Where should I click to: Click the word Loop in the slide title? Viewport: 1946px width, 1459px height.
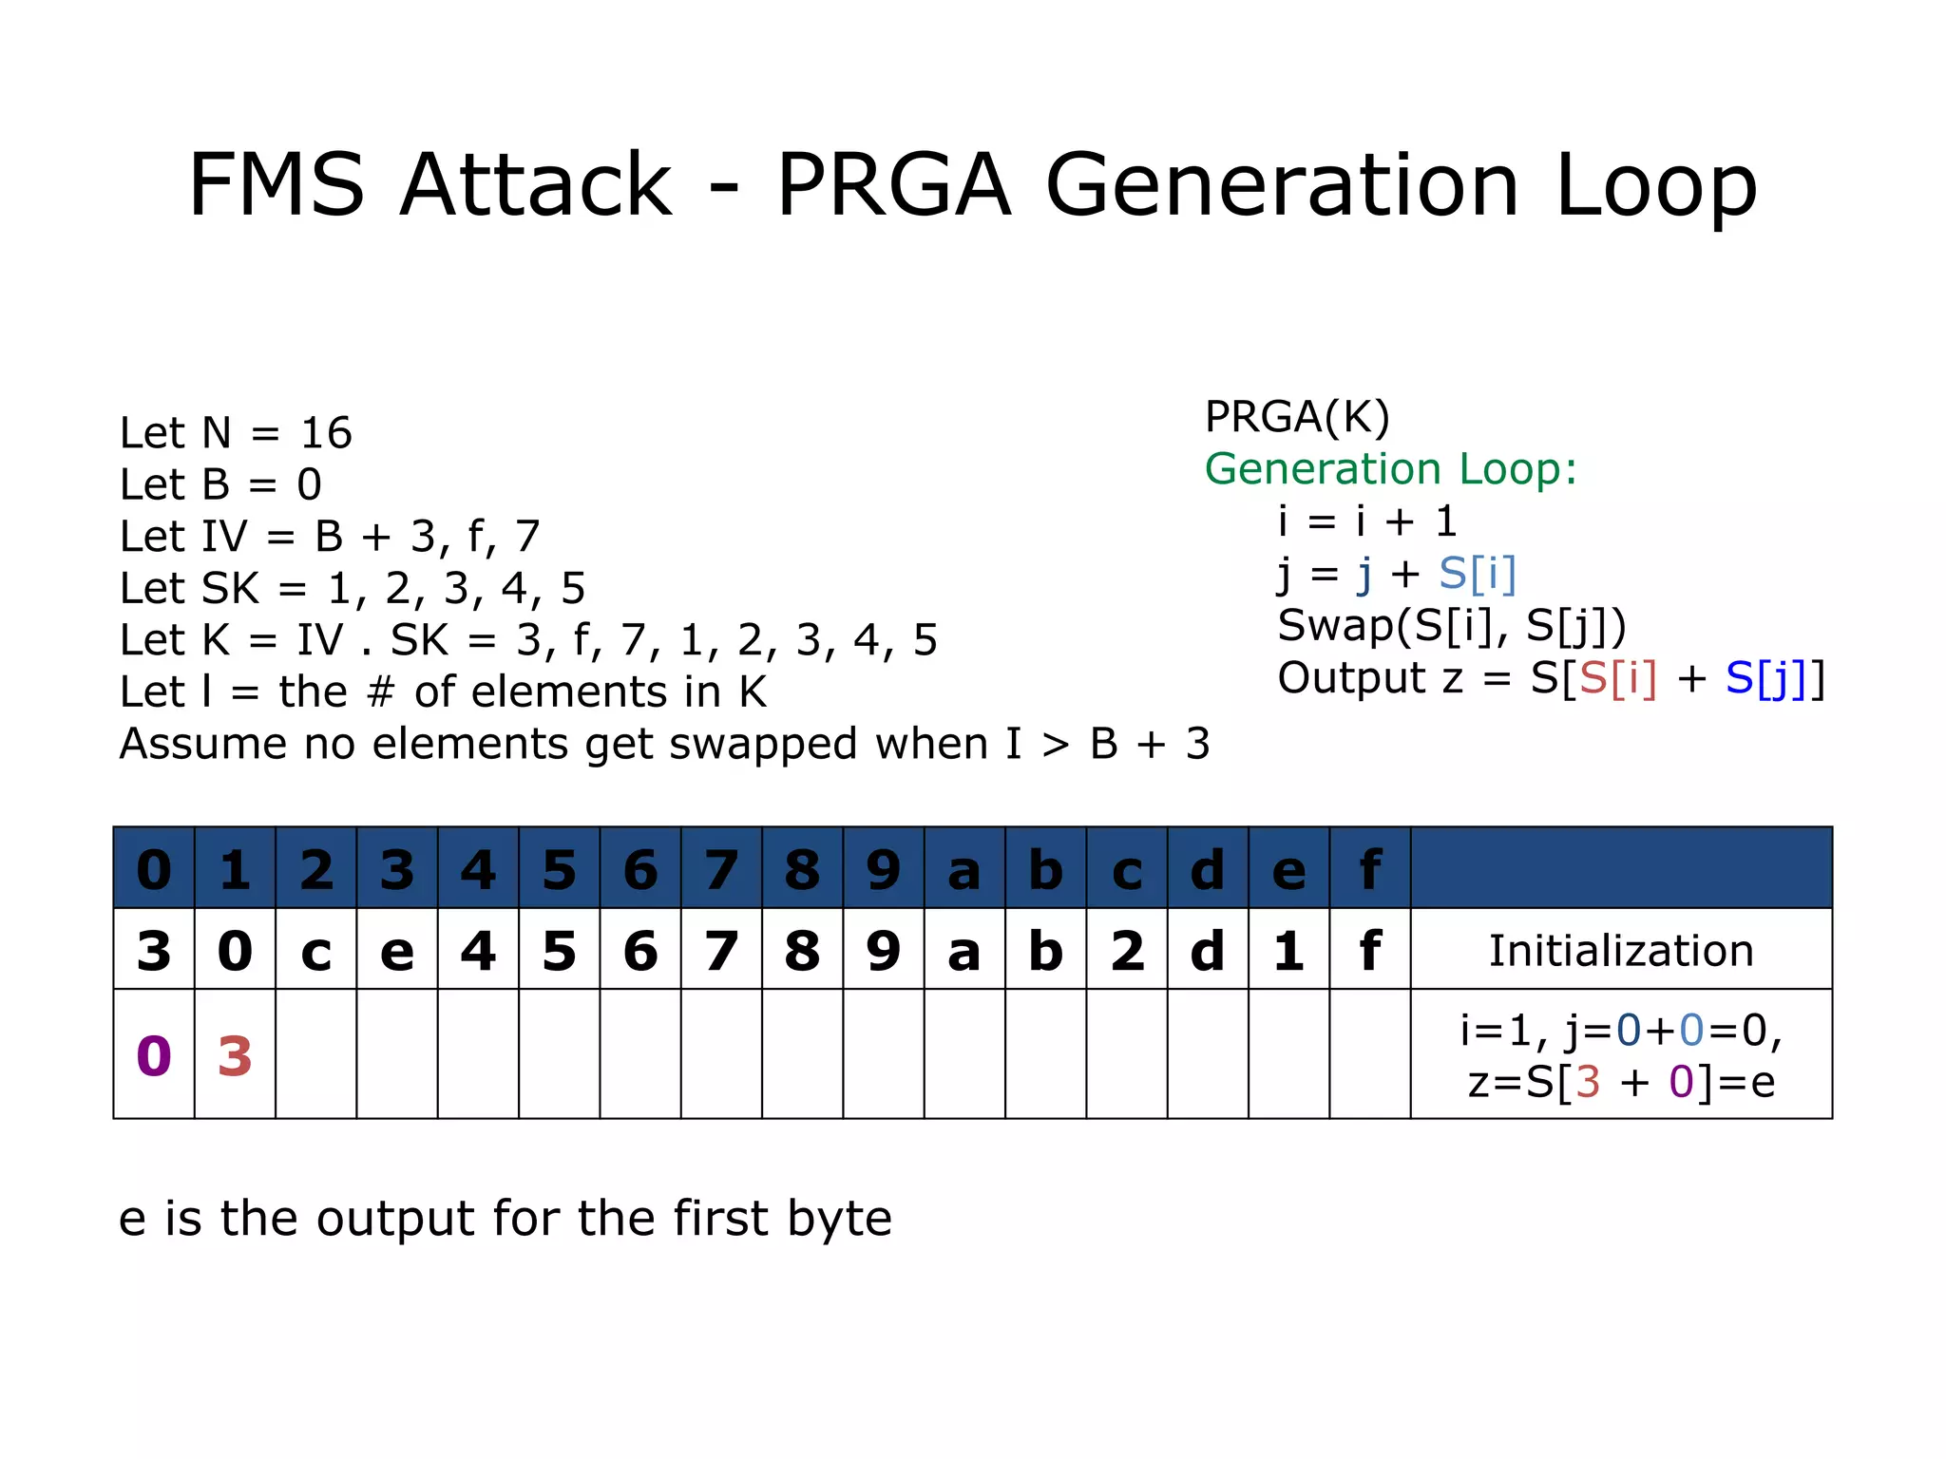point(1655,187)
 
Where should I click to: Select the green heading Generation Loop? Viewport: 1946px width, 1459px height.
point(1390,469)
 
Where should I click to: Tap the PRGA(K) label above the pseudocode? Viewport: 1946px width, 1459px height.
point(1297,416)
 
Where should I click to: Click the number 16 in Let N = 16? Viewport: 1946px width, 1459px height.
point(326,433)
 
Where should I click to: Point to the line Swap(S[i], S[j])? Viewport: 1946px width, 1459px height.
point(1451,626)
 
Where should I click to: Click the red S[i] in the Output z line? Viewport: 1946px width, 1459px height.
point(1617,678)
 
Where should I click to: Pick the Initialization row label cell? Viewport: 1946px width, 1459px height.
point(1620,950)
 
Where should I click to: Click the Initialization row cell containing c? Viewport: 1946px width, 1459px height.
point(315,950)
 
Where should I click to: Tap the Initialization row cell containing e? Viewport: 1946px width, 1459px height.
point(396,950)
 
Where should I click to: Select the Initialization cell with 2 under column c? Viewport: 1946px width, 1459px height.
point(1127,950)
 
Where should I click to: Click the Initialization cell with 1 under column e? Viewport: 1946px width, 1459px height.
point(1288,950)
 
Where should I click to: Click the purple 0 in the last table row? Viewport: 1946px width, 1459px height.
point(154,1056)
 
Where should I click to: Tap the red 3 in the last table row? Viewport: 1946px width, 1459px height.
point(235,1056)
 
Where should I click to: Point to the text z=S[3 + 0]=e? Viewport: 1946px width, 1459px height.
point(1620,1082)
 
